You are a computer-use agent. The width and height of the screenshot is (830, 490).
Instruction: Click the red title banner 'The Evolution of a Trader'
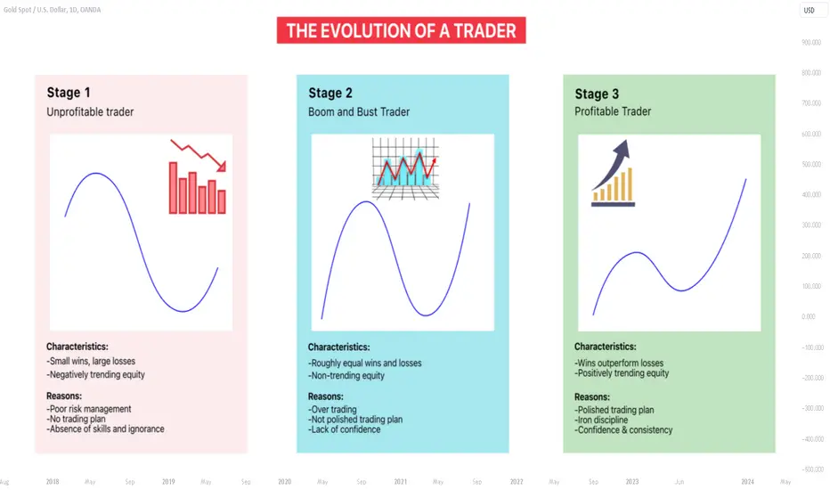[402, 30]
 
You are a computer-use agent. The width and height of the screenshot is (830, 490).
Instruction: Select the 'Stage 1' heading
[69, 93]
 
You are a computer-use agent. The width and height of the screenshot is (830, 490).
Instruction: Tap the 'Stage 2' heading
[330, 94]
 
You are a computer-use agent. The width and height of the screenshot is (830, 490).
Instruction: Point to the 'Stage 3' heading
[597, 94]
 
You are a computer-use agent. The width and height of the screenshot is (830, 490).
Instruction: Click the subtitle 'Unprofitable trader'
[90, 111]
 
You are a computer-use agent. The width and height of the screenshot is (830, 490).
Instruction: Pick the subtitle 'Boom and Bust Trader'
[359, 111]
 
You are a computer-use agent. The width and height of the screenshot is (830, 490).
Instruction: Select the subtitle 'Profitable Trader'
[613, 111]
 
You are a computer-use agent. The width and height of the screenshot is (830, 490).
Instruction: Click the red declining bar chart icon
[198, 177]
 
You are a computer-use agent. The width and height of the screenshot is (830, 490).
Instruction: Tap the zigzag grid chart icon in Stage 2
[405, 168]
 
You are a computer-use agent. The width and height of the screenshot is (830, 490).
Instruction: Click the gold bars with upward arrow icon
[613, 173]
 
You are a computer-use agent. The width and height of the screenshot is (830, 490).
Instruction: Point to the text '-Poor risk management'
[89, 409]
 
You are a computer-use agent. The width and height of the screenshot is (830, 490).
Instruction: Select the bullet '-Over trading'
[332, 410]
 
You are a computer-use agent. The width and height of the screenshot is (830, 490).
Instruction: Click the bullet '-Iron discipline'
[601, 421]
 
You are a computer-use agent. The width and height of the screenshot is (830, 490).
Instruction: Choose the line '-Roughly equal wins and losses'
[365, 363]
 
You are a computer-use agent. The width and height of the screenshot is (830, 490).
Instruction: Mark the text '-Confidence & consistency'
[623, 430]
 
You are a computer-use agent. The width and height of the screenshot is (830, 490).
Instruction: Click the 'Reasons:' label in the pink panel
[64, 396]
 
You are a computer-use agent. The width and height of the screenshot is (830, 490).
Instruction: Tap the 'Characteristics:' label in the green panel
[606, 347]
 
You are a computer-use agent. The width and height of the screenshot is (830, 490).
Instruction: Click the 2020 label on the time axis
[285, 481]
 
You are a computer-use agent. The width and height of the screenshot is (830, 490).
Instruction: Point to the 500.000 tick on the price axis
[811, 164]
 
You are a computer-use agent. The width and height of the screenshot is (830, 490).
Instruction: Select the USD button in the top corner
[810, 10]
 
